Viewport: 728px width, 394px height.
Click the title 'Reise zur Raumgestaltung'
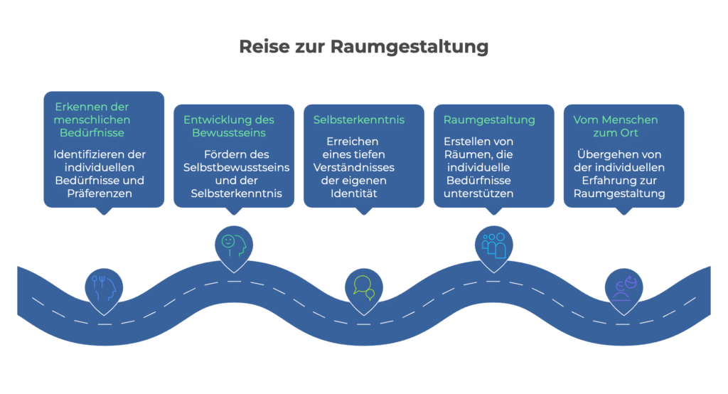pos(363,48)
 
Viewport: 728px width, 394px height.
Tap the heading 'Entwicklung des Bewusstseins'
pos(228,126)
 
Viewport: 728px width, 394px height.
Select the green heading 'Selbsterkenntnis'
pos(359,119)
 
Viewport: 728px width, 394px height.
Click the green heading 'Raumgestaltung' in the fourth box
pos(489,119)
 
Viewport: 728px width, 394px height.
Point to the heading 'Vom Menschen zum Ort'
pos(615,126)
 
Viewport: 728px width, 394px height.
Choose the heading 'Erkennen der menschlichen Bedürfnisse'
pos(92,119)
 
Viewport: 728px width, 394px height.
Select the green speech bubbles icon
pos(363,287)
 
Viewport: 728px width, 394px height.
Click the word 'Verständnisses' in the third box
pos(353,166)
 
